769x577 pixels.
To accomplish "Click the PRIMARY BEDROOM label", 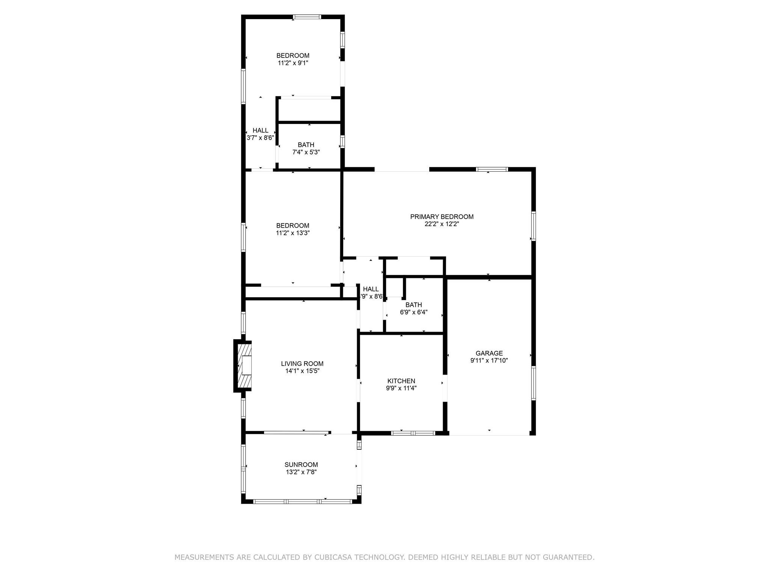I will pyautogui.click(x=442, y=217).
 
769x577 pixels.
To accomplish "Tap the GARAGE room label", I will pyautogui.click(x=489, y=353).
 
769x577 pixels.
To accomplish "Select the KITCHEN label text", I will pyautogui.click(x=401, y=381).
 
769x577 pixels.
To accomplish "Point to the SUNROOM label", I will pyautogui.click(x=301, y=465).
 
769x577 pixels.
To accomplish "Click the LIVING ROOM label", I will pyautogui.click(x=302, y=364).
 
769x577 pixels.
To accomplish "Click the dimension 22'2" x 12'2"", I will pyautogui.click(x=442, y=224).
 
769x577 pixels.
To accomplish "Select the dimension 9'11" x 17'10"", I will pyautogui.click(x=489, y=360).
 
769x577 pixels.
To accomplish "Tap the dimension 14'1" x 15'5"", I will pyautogui.click(x=302, y=371).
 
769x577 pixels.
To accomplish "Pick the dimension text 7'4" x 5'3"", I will pyautogui.click(x=306, y=152).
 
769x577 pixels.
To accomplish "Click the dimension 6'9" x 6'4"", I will pyautogui.click(x=413, y=312).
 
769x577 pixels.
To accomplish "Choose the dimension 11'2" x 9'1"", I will pyautogui.click(x=293, y=63).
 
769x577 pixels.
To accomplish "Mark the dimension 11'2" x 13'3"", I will pyautogui.click(x=293, y=233).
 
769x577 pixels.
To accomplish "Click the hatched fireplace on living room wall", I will pyautogui.click(x=243, y=366).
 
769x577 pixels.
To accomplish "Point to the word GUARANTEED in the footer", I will pyautogui.click(x=567, y=557).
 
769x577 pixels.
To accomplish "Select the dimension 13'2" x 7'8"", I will pyautogui.click(x=301, y=472).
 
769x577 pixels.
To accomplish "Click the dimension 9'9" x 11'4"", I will pyautogui.click(x=401, y=388).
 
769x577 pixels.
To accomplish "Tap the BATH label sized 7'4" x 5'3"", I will pyautogui.click(x=306, y=145).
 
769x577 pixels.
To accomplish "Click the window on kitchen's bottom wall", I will pyautogui.click(x=413, y=433).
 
